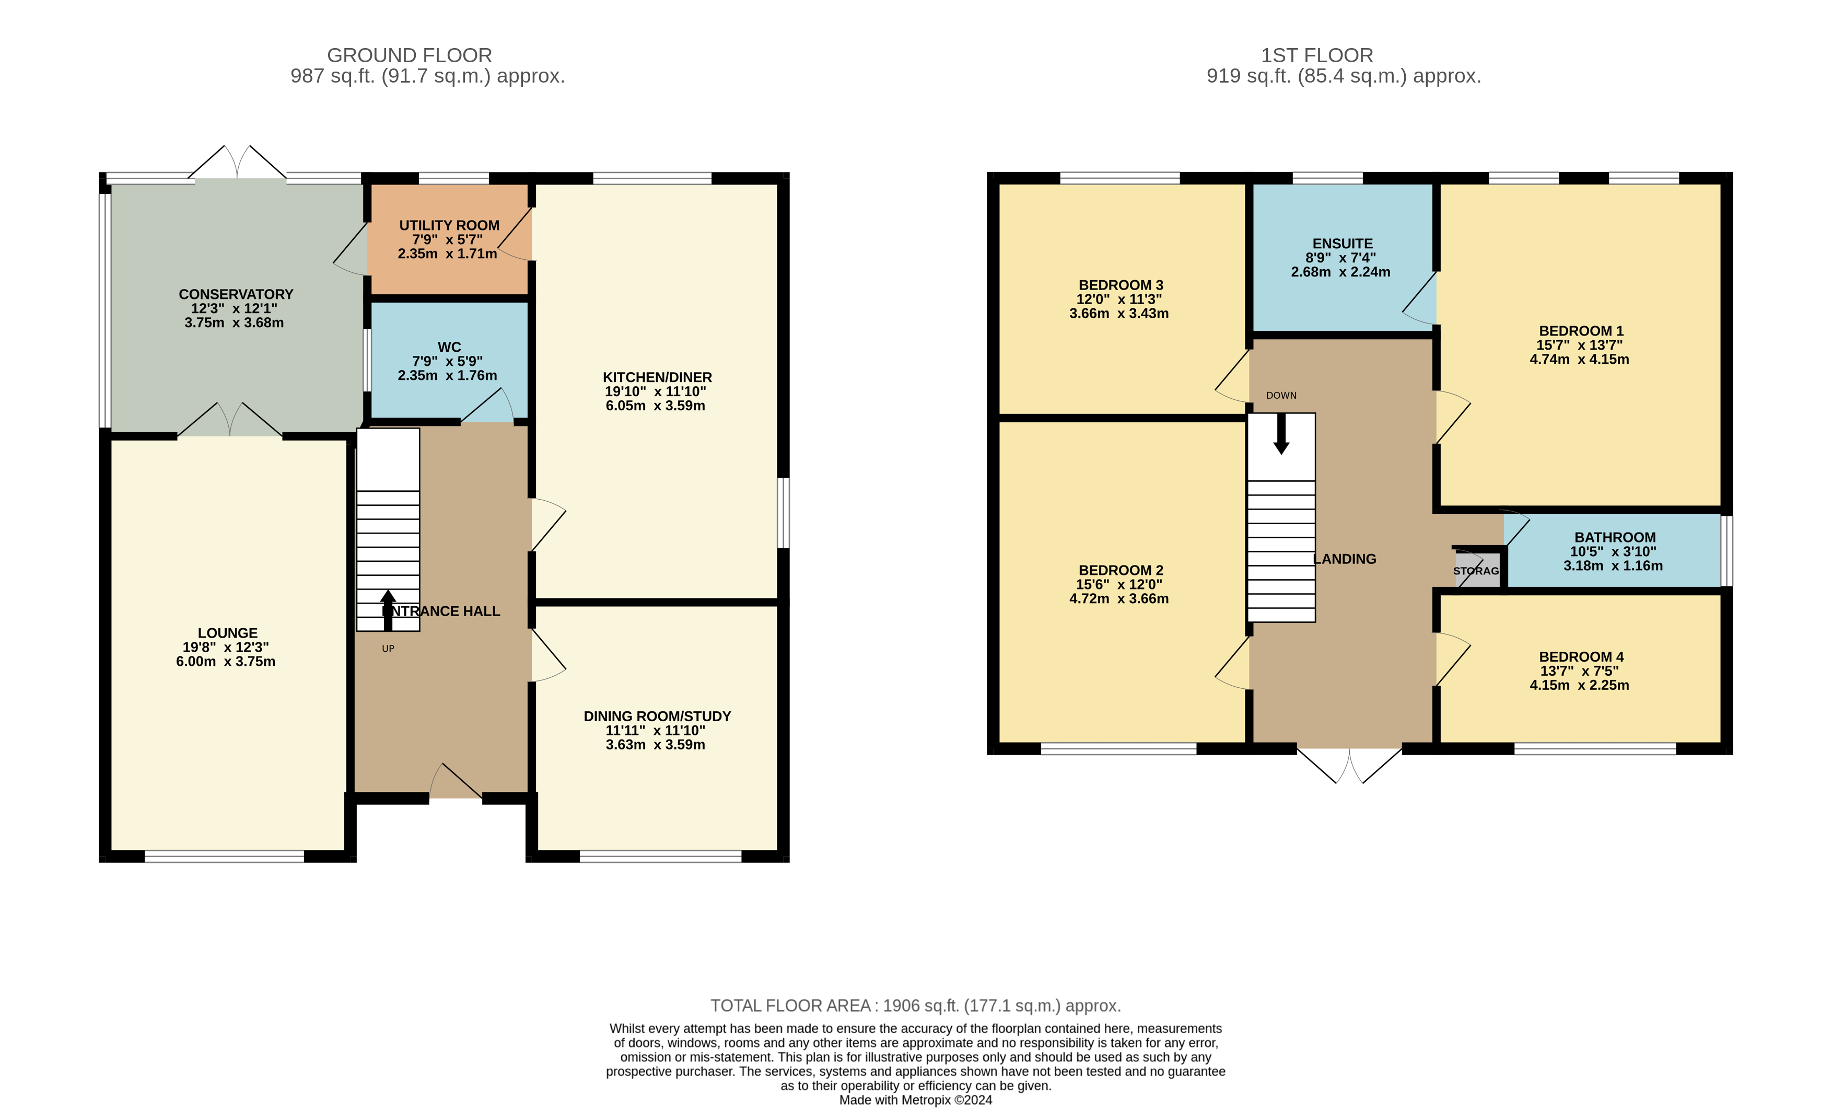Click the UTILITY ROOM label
(x=449, y=225)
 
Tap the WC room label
(x=449, y=347)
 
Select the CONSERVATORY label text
(x=236, y=294)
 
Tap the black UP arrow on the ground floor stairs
(x=388, y=610)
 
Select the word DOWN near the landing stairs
(x=1281, y=396)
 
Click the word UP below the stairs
(x=388, y=649)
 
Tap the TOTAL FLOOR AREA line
(x=915, y=1006)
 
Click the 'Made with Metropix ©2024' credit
(x=915, y=1100)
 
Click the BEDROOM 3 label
(x=1121, y=285)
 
